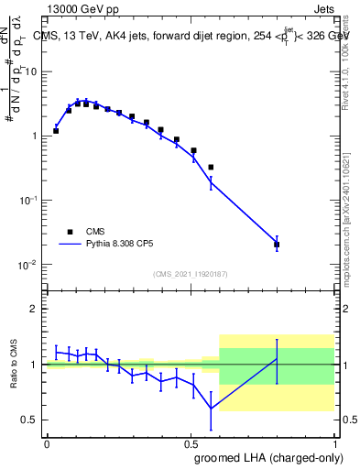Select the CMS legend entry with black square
(x=70, y=232)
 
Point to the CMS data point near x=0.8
(x=277, y=245)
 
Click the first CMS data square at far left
(x=56, y=131)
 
